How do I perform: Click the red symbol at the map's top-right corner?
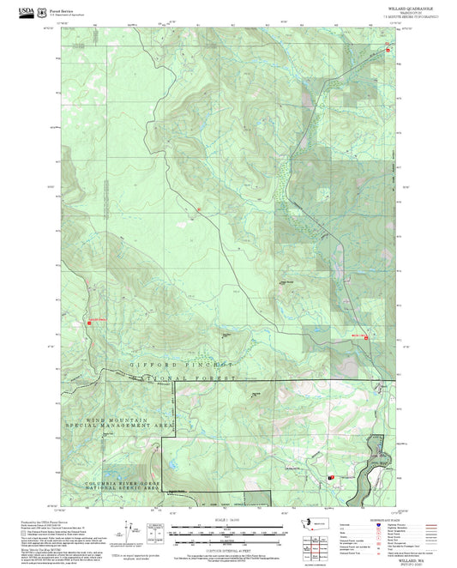coord(388,50)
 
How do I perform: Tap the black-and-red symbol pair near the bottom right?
coord(331,477)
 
